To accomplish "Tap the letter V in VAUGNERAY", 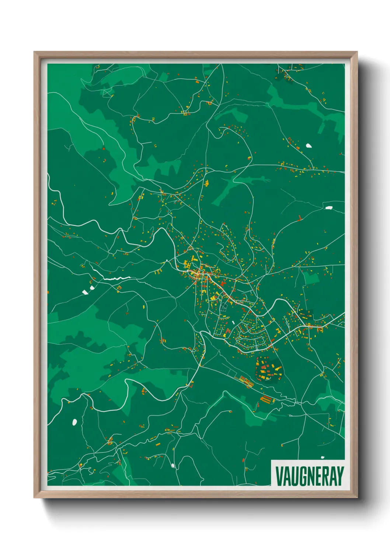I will pos(279,476).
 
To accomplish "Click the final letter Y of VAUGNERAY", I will pos(340,476).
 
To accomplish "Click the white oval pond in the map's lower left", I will pos(75,421).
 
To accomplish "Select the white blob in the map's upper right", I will pos(309,145).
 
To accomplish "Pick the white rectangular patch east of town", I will pos(328,208).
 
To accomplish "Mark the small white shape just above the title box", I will pos(323,457).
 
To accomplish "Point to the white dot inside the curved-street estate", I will pos(233,322).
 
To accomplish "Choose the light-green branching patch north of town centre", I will pos(236,184).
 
